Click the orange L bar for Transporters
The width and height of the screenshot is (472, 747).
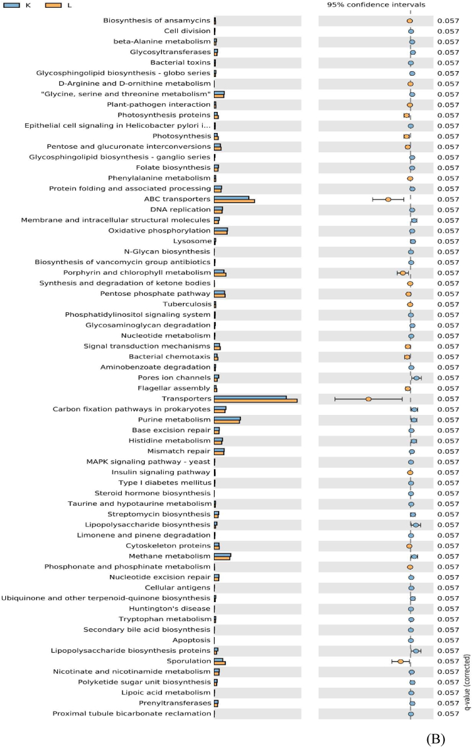click(255, 401)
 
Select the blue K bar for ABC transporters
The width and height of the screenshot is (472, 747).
click(232, 197)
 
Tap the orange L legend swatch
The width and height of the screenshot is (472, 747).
click(55, 5)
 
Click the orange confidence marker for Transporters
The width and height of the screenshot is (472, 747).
click(369, 399)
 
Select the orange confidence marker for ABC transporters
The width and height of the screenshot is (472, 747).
click(388, 199)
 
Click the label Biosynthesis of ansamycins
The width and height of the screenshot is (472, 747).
click(157, 20)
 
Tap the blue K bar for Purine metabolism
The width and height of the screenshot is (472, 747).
click(227, 418)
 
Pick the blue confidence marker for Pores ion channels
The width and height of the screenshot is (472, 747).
click(416, 377)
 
